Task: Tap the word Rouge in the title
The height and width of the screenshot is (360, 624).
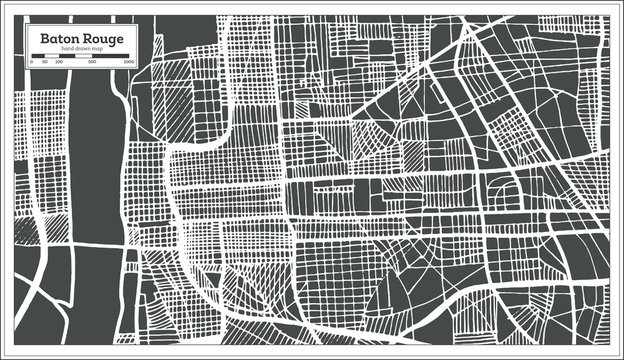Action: pyautogui.click(x=99, y=38)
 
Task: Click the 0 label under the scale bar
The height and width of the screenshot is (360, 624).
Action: pyautogui.click(x=31, y=62)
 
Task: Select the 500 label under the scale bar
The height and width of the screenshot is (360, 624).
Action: pyautogui.click(x=92, y=62)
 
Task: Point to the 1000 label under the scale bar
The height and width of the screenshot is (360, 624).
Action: pyautogui.click(x=129, y=62)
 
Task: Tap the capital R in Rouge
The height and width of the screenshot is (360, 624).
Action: pyautogui.click(x=83, y=38)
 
